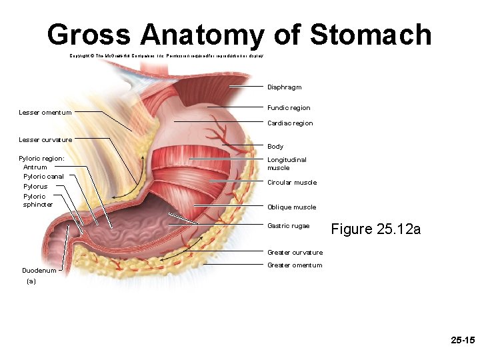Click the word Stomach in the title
point(371,34)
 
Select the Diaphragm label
point(284,87)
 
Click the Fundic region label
point(289,108)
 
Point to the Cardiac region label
point(290,123)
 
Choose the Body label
point(275,147)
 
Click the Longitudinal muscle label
point(287,164)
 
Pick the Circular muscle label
point(292,183)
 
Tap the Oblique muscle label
point(291,207)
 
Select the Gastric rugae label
point(288,226)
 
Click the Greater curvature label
point(295,253)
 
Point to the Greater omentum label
point(295,265)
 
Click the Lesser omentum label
point(45,113)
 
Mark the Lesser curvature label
point(45,139)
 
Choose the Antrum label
point(35,167)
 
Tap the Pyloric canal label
point(43,177)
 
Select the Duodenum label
point(39,271)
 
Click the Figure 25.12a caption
point(376,229)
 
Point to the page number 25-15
point(462,341)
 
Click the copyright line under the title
point(167,56)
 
